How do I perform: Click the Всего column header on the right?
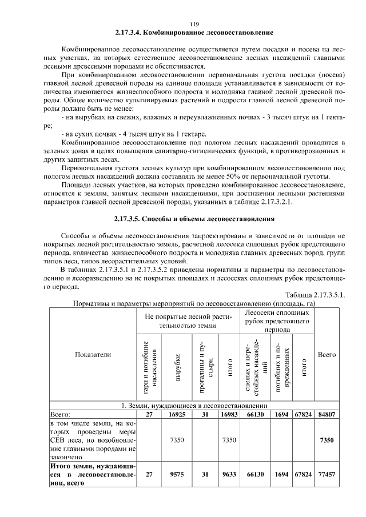[327, 354]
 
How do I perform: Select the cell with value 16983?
[229, 414]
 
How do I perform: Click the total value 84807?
[327, 414]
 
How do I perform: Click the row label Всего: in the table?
[60, 414]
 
